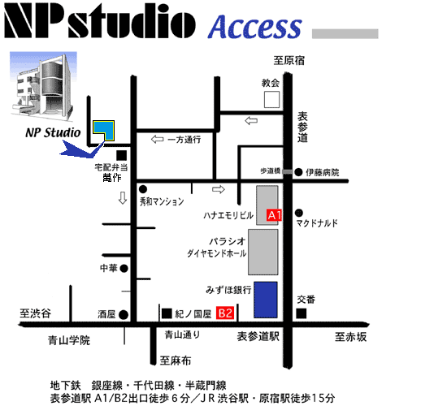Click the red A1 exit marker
274,215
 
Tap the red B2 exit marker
225,313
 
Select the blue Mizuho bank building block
266,300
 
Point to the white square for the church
271,99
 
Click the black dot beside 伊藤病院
298,172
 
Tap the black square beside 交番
302,313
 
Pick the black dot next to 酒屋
124,315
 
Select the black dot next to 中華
124,268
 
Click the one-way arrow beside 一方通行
157,140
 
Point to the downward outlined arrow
123,198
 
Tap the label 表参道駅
258,336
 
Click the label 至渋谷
35,313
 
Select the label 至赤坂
350,337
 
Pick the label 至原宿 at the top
289,60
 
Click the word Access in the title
255,26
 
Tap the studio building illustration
43,84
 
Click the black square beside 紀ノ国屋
167,313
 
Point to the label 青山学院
69,340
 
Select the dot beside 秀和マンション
143,189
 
